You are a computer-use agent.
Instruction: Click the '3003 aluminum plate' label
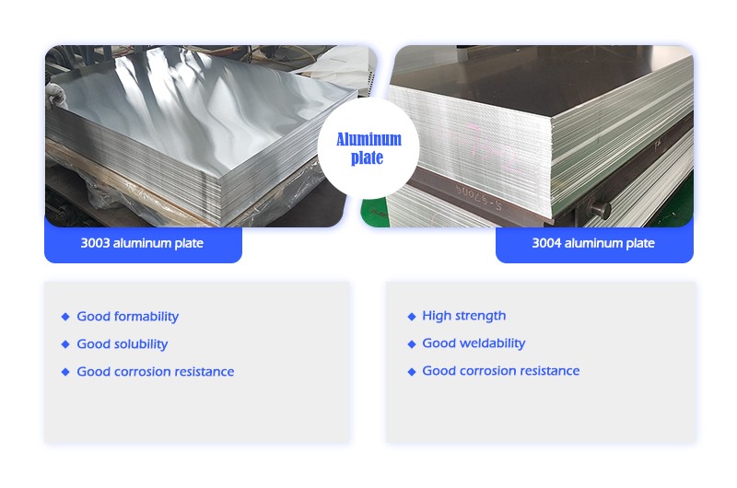tap(142, 243)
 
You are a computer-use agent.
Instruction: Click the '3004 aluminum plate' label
tap(593, 243)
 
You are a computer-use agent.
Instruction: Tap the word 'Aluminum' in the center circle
tap(369, 140)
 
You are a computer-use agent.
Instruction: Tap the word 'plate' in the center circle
tap(367, 157)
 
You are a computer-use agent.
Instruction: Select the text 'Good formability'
tap(128, 317)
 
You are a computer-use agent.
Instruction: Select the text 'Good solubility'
tap(123, 344)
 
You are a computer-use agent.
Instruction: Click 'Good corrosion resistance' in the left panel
tap(156, 371)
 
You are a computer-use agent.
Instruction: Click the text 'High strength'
tap(464, 316)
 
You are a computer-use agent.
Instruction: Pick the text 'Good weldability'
tap(474, 343)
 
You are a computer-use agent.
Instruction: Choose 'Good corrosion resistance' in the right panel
tap(501, 370)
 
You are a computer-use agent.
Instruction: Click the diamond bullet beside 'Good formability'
tap(65, 317)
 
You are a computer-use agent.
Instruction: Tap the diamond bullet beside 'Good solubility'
tap(65, 344)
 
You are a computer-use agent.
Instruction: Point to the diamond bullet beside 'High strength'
tap(412, 317)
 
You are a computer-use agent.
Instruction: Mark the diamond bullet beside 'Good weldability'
tap(412, 344)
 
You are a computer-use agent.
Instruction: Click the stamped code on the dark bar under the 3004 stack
tap(478, 197)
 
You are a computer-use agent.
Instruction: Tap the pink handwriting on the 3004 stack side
tap(489, 150)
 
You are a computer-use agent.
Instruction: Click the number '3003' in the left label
tap(95, 243)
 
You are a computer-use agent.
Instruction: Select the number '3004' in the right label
tap(546, 243)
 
